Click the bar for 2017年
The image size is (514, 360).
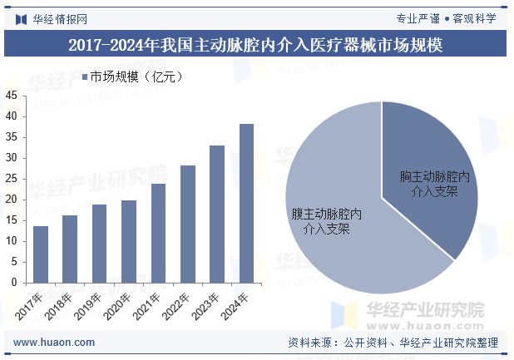click(x=40, y=254)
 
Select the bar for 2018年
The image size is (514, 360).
click(x=70, y=249)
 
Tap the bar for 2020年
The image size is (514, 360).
click(x=128, y=241)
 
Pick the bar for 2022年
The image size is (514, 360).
click(x=187, y=224)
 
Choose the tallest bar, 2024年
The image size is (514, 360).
click(x=246, y=204)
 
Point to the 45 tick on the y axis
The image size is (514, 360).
click(x=11, y=96)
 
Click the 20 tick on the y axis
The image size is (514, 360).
click(x=11, y=200)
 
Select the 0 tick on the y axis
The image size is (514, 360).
click(x=14, y=283)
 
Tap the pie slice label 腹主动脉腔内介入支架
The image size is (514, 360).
click(x=326, y=221)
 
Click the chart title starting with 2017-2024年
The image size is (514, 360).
click(x=256, y=45)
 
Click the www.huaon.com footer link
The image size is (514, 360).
click(x=55, y=342)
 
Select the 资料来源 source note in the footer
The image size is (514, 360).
click(x=393, y=342)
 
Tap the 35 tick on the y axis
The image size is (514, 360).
click(x=11, y=137)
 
